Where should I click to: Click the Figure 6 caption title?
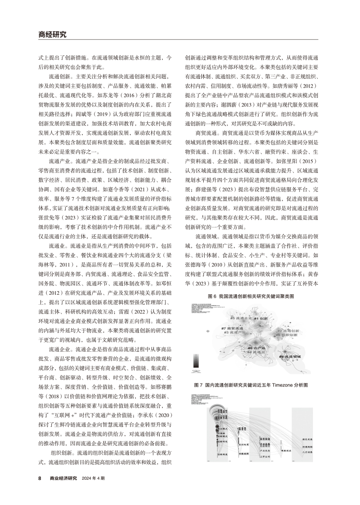tap(251, 296)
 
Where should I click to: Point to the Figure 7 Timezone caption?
tap(251, 385)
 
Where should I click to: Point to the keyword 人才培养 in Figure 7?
tap(308, 452)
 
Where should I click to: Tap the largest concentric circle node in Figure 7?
tap(221, 414)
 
